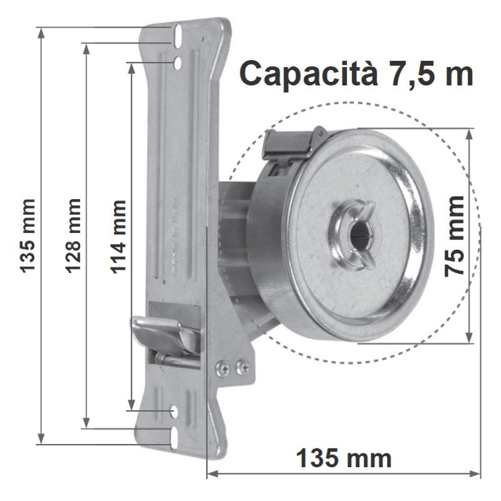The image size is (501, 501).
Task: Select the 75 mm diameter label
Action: (455, 237)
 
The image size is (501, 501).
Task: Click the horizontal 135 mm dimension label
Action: (344, 458)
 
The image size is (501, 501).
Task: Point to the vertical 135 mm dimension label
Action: (28, 236)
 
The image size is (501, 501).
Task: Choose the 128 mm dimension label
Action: (73, 236)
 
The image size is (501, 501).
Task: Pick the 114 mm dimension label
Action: (118, 237)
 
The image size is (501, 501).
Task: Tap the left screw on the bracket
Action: (222, 368)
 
